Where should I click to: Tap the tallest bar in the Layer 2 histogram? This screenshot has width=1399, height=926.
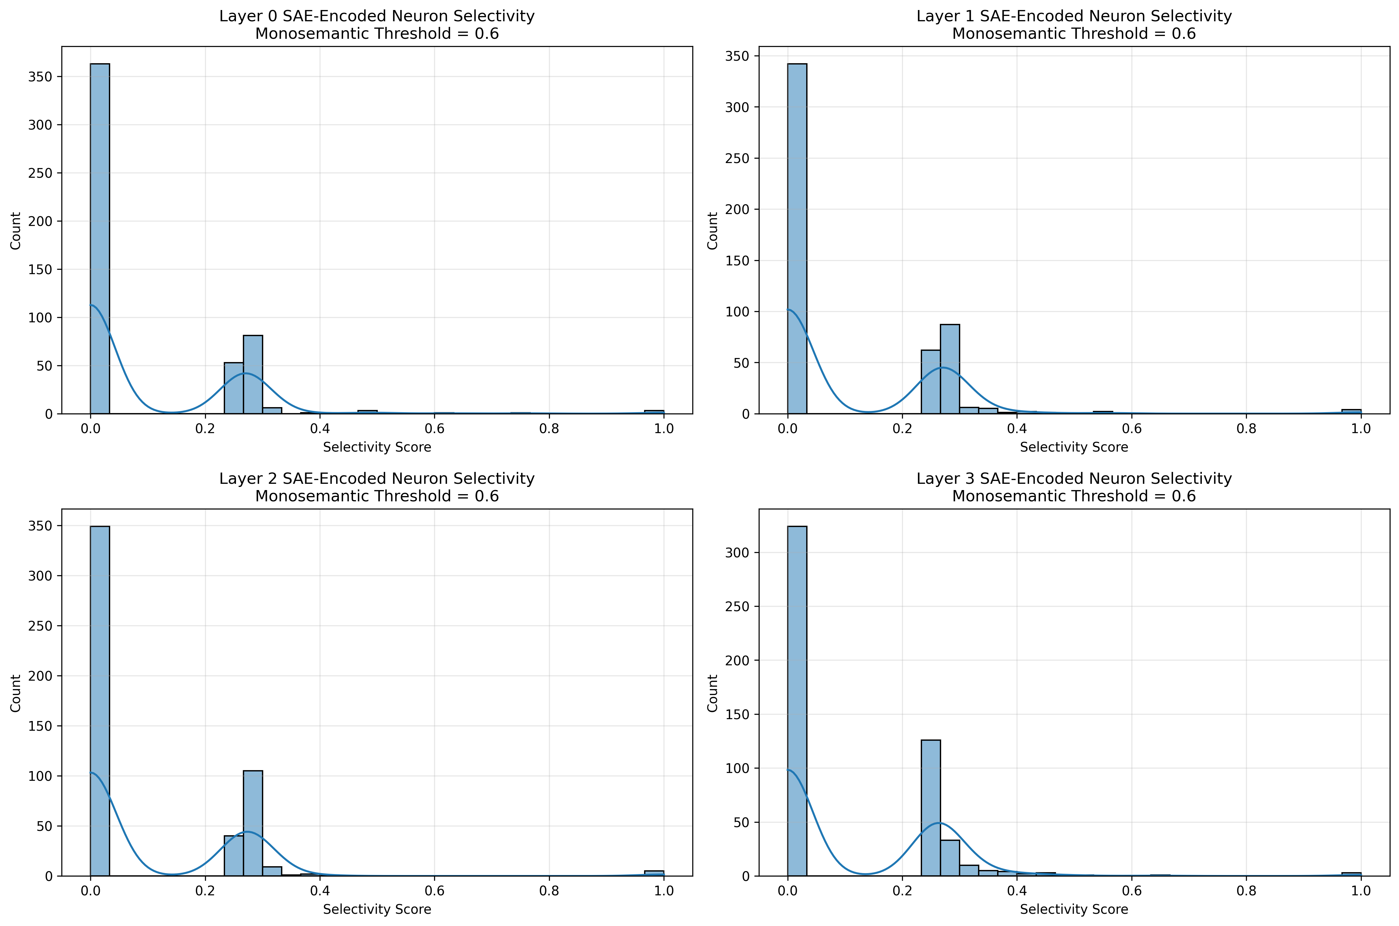(x=100, y=701)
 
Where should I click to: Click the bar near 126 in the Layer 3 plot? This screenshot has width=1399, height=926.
(x=931, y=808)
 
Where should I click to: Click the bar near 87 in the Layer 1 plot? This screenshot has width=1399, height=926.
(x=950, y=369)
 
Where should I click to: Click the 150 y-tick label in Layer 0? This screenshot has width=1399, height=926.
(x=40, y=269)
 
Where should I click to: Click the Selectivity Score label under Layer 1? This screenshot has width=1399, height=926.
(x=1074, y=447)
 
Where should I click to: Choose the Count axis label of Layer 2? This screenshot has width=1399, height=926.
(x=15, y=693)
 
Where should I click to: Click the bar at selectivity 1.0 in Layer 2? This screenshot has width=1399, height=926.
(x=654, y=873)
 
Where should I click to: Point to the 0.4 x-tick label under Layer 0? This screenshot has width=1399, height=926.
(x=320, y=428)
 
